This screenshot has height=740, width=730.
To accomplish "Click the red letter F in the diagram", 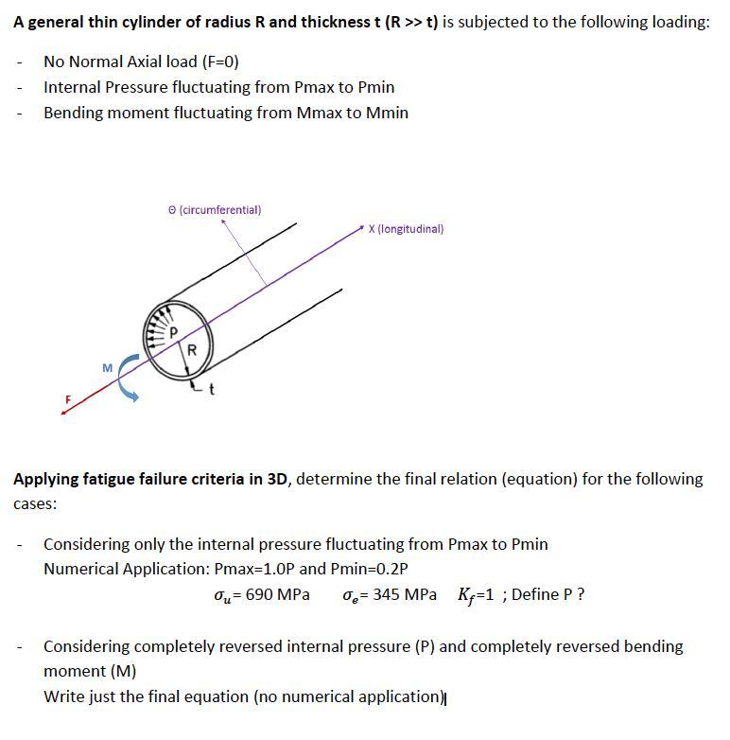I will tap(67, 401).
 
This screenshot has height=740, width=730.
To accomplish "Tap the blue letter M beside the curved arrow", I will tap(107, 366).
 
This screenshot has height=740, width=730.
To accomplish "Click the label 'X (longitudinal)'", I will tap(406, 229).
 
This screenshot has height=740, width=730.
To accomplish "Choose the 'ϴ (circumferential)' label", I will tap(214, 209).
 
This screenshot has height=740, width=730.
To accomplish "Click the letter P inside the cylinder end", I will tap(172, 331).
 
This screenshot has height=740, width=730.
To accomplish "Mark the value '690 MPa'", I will tap(277, 595).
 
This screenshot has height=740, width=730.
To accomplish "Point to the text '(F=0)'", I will tap(220, 62).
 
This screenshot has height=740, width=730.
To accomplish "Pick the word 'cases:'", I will tap(35, 504).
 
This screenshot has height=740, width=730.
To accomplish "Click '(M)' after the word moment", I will tap(122, 671).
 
